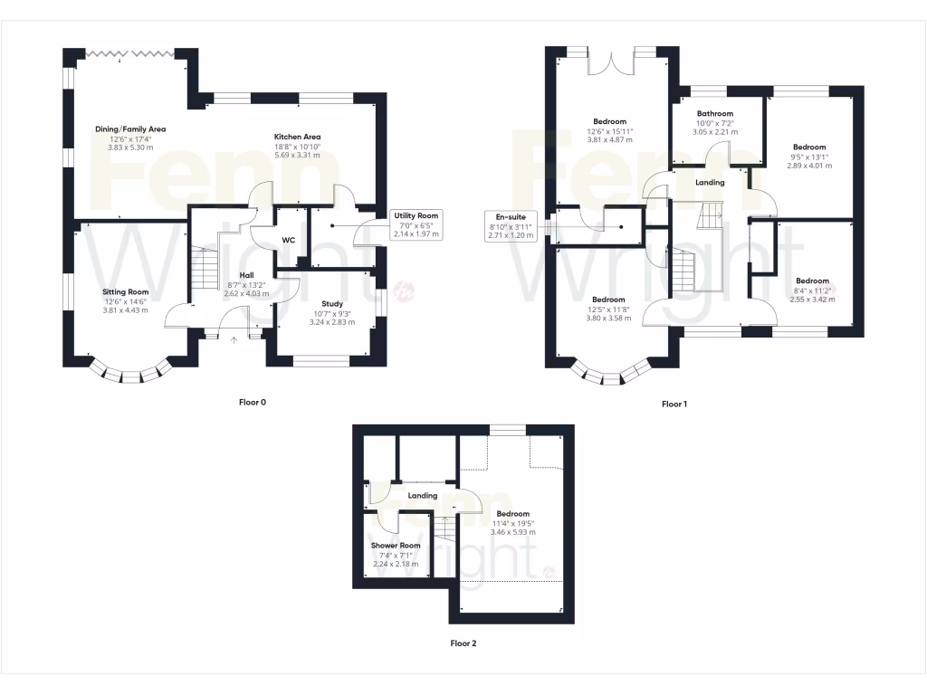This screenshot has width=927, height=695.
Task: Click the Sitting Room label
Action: (x=125, y=292)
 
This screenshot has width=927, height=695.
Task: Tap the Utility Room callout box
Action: (x=416, y=224)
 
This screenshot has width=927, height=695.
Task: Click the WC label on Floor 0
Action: (x=288, y=241)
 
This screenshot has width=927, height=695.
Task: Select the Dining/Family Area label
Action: (x=130, y=129)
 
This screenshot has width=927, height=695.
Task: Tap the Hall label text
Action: (x=246, y=275)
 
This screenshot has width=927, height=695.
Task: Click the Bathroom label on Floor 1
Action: (x=714, y=114)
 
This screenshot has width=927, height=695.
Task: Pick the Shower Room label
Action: (x=396, y=546)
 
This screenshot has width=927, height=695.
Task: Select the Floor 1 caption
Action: (x=674, y=405)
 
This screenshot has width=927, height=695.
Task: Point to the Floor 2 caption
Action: (x=463, y=644)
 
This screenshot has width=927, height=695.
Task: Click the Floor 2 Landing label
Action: (x=423, y=496)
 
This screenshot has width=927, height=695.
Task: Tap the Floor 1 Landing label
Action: (x=710, y=183)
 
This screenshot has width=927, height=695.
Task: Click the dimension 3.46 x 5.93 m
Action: (x=512, y=532)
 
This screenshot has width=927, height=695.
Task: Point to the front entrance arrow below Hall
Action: (x=234, y=340)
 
